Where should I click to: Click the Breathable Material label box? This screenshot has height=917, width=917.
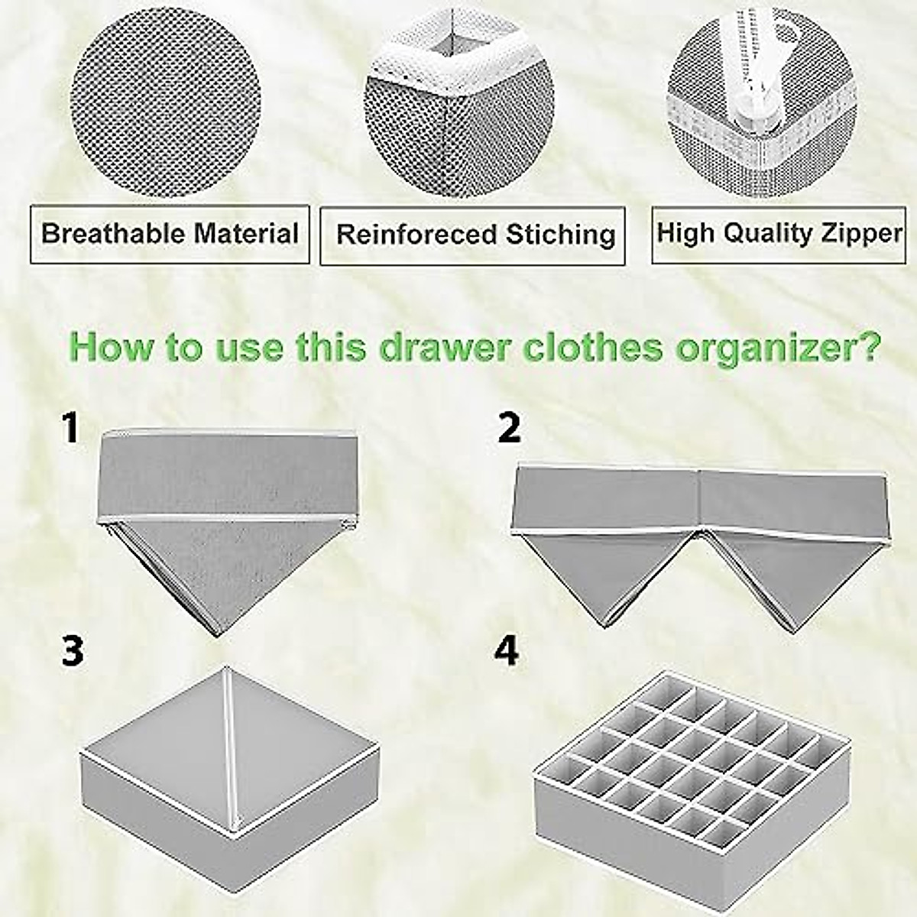(x=170, y=234)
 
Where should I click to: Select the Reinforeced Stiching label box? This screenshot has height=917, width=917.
(x=472, y=235)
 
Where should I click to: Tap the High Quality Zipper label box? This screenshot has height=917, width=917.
(x=779, y=234)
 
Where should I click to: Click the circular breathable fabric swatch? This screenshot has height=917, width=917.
(x=165, y=103)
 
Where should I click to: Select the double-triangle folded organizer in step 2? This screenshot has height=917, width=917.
(x=700, y=535)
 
